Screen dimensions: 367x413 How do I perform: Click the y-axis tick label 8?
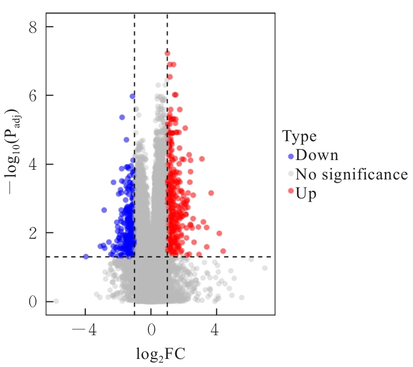[x=33, y=27]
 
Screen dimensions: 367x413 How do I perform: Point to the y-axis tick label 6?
[x=33, y=95]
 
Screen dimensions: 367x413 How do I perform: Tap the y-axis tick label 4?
[x=33, y=164]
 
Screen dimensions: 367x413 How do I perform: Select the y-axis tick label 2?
[x=33, y=233]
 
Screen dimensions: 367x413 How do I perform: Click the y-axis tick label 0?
[x=33, y=301]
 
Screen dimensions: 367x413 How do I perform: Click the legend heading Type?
[x=300, y=136]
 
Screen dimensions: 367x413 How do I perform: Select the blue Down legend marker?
[x=290, y=156]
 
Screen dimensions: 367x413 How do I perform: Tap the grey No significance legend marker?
[x=290, y=175]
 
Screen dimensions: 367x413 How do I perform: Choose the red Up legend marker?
[x=290, y=192]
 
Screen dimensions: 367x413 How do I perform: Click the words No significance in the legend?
[x=351, y=175]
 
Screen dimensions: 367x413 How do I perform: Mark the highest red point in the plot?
[x=167, y=53]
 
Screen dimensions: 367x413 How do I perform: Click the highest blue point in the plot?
[x=132, y=96]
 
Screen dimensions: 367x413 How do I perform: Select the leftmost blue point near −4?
[x=86, y=257]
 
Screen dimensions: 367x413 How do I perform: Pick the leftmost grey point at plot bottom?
[x=56, y=301]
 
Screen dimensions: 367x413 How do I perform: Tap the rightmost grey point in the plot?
[x=265, y=268]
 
